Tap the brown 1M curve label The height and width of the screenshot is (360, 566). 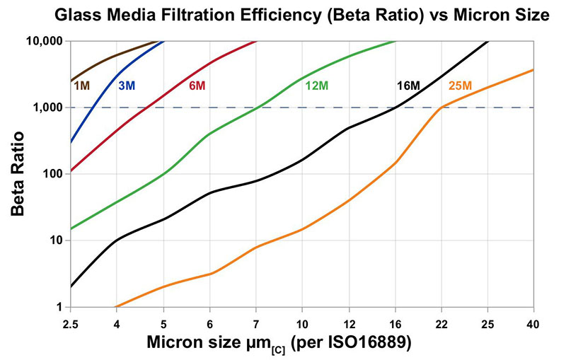81,86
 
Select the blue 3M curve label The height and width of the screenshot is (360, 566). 127,86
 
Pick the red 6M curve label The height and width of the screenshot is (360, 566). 197,86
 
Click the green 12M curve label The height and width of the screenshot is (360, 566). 316,86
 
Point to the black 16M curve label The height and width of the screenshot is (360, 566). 408,86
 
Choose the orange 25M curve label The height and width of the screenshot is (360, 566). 461,86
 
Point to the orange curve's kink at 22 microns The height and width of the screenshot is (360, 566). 441,108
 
